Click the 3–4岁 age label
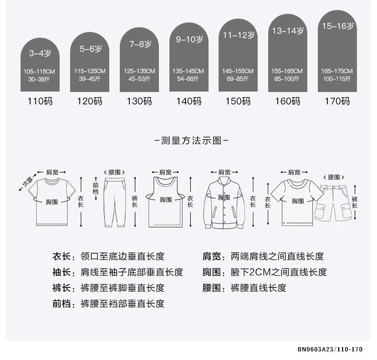coord(40,53)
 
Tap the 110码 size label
coord(40,101)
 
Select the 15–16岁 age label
coord(338,26)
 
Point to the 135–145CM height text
coord(188,71)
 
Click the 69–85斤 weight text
coord(238,79)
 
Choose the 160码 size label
coord(288,101)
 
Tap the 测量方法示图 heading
coord(191,141)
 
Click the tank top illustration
coord(165,202)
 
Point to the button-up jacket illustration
coord(224,203)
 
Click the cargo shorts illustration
coord(334,203)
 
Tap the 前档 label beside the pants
coord(96,188)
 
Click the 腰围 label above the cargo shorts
coord(334,177)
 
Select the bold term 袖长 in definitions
coord(61,272)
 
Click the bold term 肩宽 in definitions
coord(211,257)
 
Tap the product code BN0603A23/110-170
coord(330,349)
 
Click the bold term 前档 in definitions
coord(61,304)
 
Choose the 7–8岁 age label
coord(140,44)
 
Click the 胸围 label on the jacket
coord(224,197)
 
